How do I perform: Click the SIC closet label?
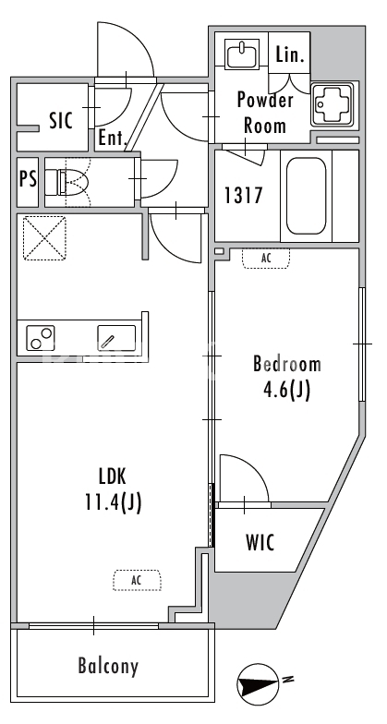(x=61, y=120)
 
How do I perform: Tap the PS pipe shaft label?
(x=28, y=179)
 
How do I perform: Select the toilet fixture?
(x=73, y=182)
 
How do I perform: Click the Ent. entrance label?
(x=113, y=139)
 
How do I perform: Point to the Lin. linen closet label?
(x=290, y=55)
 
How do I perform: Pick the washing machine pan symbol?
(x=333, y=104)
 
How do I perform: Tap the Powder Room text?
(x=264, y=113)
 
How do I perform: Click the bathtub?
(x=306, y=196)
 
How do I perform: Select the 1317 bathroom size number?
(x=244, y=196)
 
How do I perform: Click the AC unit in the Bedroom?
(x=266, y=259)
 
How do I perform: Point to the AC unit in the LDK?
(x=138, y=580)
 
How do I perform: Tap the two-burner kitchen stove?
(x=41, y=338)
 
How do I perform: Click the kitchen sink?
(x=116, y=338)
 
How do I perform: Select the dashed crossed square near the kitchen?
(x=44, y=238)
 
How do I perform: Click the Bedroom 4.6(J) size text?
(x=286, y=377)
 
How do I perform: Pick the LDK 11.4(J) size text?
(x=113, y=489)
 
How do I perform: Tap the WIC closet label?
(x=260, y=542)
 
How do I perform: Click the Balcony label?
(x=107, y=666)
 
